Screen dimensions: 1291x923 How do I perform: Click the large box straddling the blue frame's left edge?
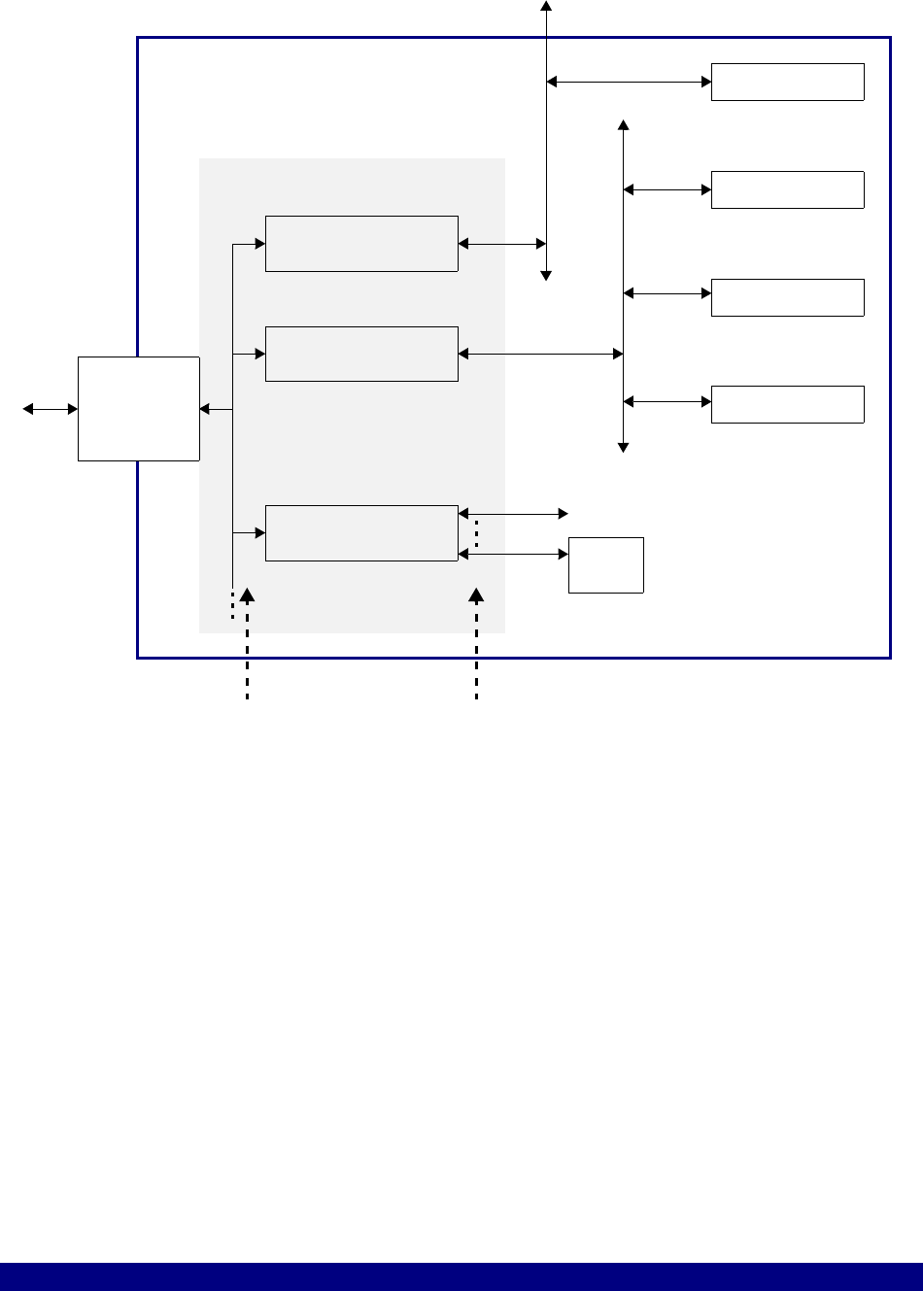(x=138, y=409)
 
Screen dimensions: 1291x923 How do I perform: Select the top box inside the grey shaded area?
(x=361, y=244)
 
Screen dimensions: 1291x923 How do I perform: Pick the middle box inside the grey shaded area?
(x=361, y=355)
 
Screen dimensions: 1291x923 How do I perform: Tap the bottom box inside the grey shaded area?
(x=361, y=533)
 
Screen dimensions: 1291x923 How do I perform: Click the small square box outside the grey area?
(x=606, y=564)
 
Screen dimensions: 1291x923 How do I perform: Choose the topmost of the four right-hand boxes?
(x=787, y=82)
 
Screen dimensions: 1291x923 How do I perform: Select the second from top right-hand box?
(x=787, y=189)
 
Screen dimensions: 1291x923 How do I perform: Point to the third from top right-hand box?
(x=787, y=297)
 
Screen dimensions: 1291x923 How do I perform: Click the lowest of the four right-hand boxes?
(x=787, y=404)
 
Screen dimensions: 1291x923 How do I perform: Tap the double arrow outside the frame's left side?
(x=51, y=410)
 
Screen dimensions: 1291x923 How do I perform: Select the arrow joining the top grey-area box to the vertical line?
(x=501, y=244)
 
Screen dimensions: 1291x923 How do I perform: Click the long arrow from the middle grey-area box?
(x=540, y=355)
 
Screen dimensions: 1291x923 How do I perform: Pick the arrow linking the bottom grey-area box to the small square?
(x=513, y=554)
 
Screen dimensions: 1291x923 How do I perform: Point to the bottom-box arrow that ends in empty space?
(x=513, y=512)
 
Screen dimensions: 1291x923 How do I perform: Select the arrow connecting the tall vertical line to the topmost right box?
(x=629, y=83)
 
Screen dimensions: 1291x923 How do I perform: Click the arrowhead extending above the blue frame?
(x=546, y=6)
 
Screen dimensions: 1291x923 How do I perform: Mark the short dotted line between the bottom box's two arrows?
(x=476, y=532)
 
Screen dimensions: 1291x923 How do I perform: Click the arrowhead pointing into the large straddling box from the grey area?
(x=205, y=410)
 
